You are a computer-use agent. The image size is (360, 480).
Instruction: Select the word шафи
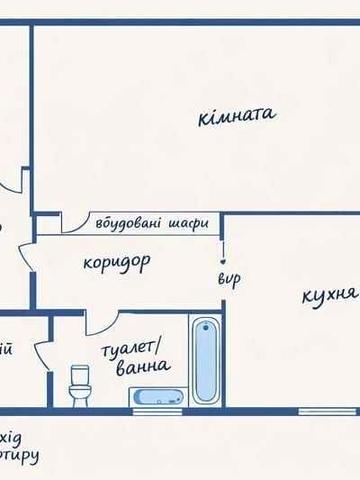pos(189,223)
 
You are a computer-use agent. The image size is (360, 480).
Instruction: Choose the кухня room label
pos(327,296)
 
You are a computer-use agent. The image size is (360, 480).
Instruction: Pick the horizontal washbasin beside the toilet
pos(157,397)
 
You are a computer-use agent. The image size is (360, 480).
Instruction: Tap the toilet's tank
pos(78,371)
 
